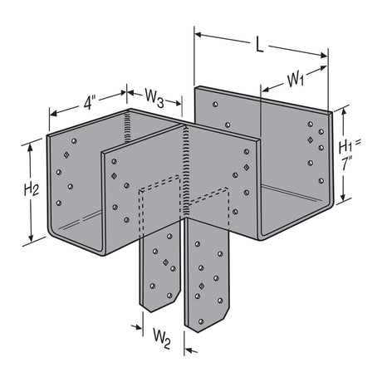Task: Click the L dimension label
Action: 259,46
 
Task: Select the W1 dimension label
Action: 296,80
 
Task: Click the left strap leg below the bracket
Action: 161,270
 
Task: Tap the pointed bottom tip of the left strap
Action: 153,312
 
